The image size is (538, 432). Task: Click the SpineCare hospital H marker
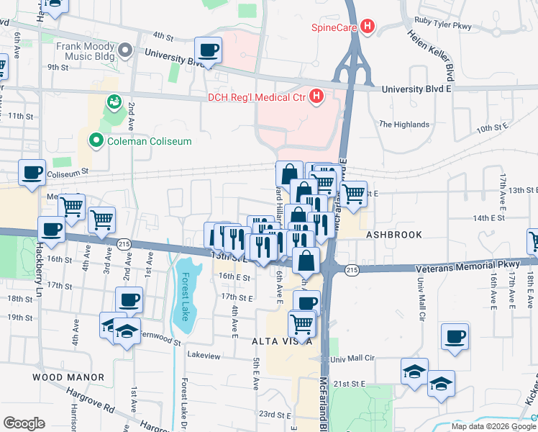[368, 27]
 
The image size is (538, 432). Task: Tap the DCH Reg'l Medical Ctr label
[256, 97]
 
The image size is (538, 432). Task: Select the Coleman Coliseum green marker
[95, 140]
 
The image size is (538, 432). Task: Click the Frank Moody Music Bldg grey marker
[125, 50]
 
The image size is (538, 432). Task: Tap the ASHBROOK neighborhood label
[391, 235]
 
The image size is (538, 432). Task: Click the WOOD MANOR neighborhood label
[68, 377]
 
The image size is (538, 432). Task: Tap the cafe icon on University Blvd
[209, 50]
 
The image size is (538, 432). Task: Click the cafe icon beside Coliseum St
[32, 173]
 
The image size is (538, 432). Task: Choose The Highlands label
[404, 125]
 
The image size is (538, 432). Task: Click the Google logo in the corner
[24, 423]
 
